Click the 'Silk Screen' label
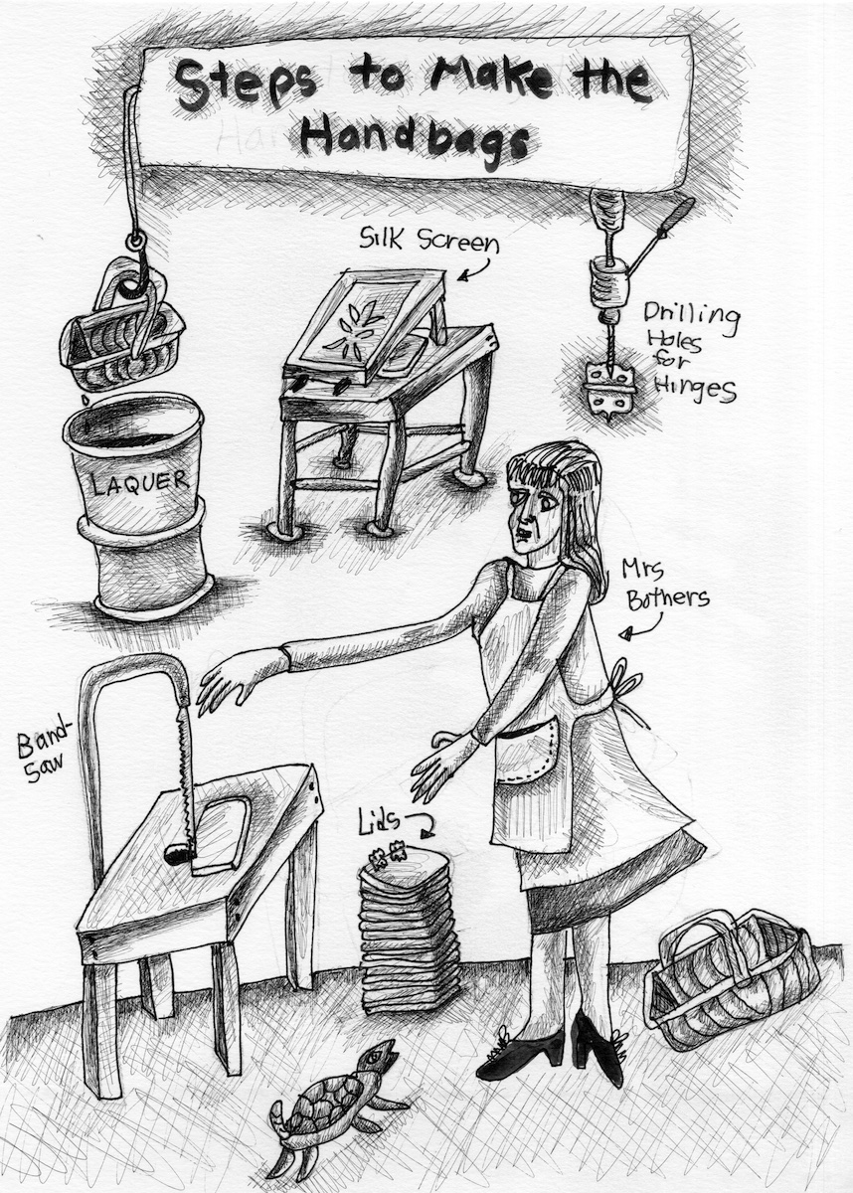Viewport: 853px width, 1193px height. pos(429,242)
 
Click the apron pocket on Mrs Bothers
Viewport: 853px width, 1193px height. pos(526,751)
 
